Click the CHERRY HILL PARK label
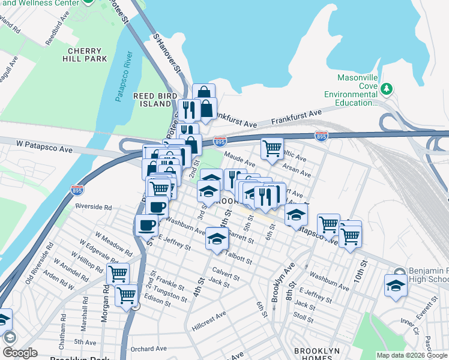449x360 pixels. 88,55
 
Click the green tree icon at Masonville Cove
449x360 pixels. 388,89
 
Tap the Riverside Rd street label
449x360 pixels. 94,207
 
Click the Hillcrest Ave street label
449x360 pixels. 209,314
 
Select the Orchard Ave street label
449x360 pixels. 148,349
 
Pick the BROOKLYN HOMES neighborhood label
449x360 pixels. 317,355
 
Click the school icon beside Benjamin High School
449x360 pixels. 396,286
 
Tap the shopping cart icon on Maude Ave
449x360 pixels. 273,148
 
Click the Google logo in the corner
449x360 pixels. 20,353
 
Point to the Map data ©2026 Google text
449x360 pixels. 412,355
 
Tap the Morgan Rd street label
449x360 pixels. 105,310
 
